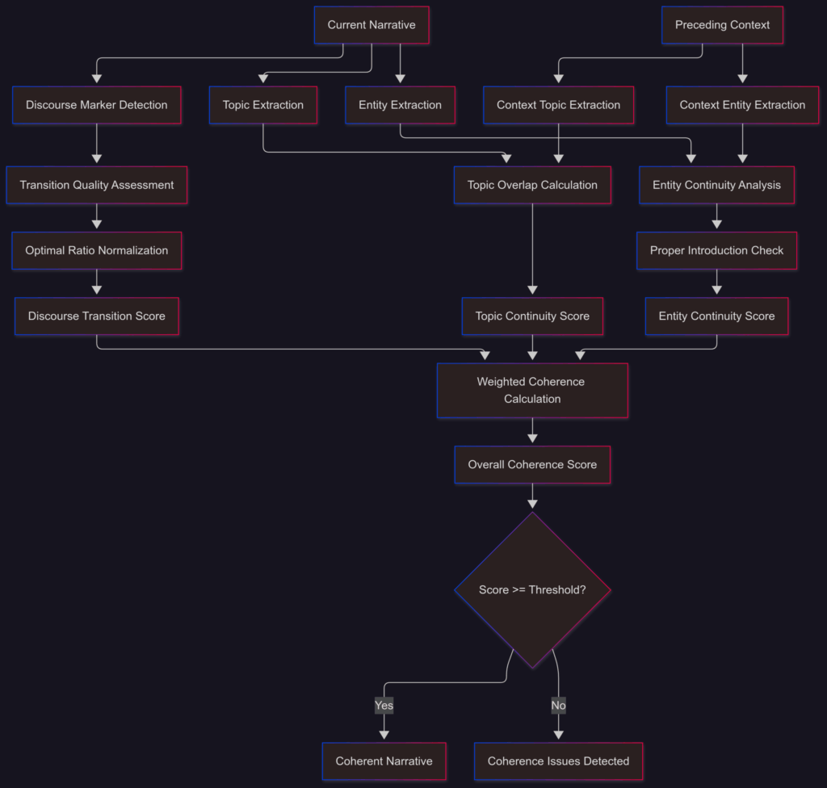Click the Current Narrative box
372,25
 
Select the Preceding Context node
722,25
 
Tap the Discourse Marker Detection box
97,105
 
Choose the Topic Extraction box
263,105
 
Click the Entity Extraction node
400,105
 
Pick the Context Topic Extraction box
558,105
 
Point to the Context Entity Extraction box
742,105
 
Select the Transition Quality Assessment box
97,185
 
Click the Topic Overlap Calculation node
532,185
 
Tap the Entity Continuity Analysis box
716,185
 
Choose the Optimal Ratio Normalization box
97,250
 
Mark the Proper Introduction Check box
716,250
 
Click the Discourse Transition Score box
97,316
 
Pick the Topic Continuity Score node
532,316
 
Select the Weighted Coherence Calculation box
532,390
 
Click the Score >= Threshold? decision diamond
532,590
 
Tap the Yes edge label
384,706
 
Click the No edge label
558,706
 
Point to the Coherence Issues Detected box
558,761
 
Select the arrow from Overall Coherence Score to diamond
532,496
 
